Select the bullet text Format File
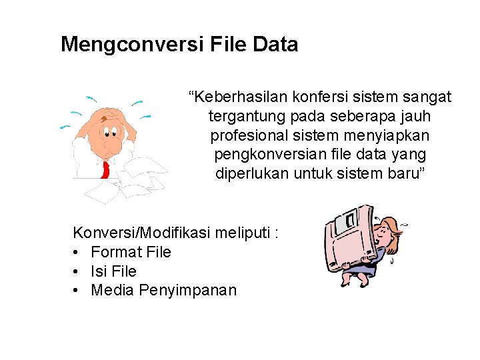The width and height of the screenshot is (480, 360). pyautogui.click(x=131, y=252)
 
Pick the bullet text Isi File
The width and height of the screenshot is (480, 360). pyautogui.click(x=113, y=271)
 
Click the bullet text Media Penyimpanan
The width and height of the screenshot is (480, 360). pyautogui.click(x=163, y=291)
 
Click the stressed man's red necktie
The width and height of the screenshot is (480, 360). pyautogui.click(x=105, y=169)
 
